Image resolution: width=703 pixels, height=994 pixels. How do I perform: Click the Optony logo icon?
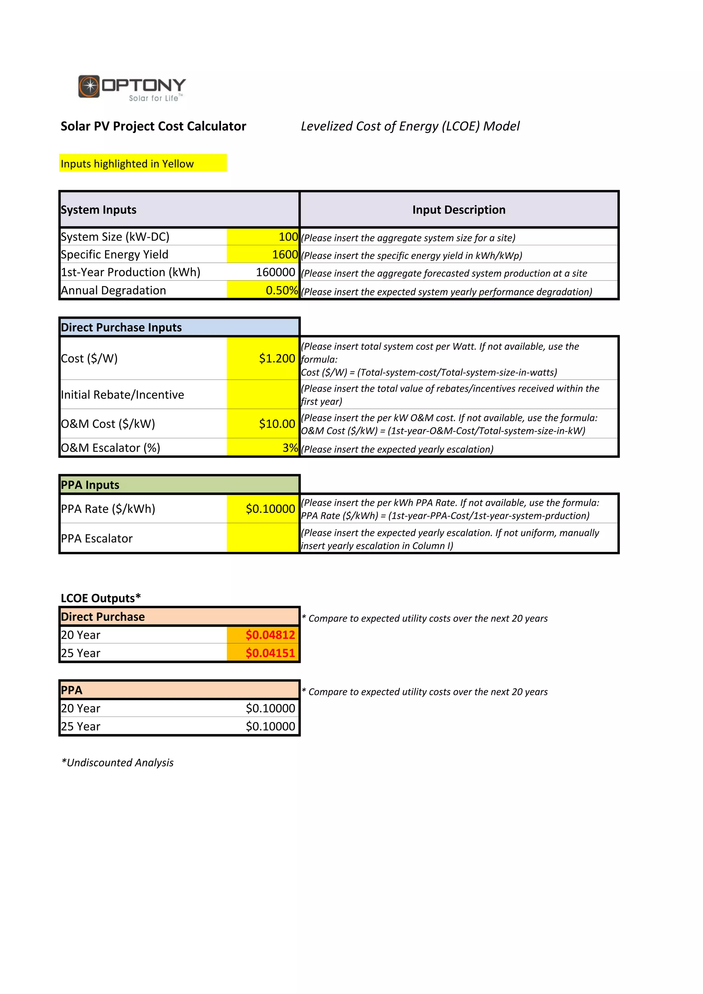tap(89, 86)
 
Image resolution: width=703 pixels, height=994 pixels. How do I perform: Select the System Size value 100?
tap(288, 237)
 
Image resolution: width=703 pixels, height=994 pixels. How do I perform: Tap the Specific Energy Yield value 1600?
tap(285, 255)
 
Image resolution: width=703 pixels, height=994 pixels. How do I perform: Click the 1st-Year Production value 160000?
tap(276, 272)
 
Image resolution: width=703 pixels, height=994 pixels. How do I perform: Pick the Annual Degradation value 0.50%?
tap(281, 291)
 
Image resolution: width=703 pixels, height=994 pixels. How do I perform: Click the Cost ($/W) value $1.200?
tap(277, 358)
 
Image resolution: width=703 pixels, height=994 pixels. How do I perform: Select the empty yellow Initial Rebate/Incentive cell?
tap(263, 394)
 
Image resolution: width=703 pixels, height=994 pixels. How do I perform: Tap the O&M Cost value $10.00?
tap(277, 424)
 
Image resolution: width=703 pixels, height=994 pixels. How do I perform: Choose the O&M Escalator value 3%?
tap(290, 448)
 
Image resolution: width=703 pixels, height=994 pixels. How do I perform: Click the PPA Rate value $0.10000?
tap(270, 509)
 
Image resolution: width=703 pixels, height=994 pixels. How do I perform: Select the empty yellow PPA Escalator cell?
tap(263, 538)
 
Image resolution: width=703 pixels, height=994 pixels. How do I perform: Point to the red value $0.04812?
tap(270, 635)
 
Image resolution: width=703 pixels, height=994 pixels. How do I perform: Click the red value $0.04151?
tap(270, 653)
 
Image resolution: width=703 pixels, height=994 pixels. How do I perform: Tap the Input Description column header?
tap(459, 210)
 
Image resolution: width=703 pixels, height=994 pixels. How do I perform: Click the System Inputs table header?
tap(99, 210)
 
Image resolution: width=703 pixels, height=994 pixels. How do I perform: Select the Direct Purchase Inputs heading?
tap(121, 328)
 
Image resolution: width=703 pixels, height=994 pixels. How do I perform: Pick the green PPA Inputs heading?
tap(90, 485)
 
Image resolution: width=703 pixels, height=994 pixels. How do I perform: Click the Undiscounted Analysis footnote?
tap(117, 763)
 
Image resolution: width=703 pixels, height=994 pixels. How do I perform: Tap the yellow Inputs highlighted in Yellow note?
tap(127, 164)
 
